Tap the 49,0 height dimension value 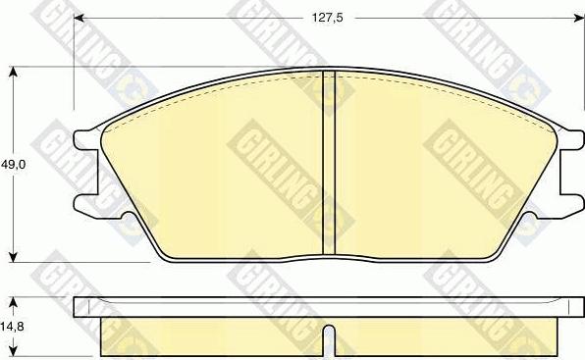click(13, 166)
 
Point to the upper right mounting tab click(566, 141)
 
